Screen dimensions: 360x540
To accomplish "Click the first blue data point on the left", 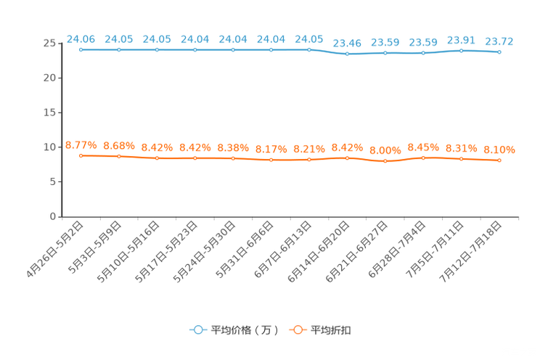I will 81,50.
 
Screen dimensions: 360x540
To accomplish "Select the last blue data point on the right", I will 499,52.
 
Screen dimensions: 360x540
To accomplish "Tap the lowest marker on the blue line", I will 347,54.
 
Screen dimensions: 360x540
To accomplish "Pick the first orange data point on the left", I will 81,155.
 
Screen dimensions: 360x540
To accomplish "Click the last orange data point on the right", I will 499,160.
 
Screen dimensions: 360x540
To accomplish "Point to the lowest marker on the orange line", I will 385,161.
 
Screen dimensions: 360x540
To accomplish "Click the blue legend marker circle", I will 197,330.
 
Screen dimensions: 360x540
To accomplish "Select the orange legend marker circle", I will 297,330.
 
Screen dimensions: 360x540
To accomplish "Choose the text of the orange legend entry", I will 332,330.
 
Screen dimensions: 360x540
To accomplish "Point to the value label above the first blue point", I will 81,38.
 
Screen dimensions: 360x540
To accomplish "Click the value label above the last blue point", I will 499,41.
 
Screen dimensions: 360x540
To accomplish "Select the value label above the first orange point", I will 81,144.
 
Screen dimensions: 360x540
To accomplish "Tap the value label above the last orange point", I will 499,149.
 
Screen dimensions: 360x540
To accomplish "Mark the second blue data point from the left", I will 119,50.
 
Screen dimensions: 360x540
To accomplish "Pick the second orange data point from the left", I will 119,156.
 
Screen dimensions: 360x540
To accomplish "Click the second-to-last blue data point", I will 462,51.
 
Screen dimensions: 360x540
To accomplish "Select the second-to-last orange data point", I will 462,158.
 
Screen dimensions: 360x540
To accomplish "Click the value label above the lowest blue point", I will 347,43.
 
